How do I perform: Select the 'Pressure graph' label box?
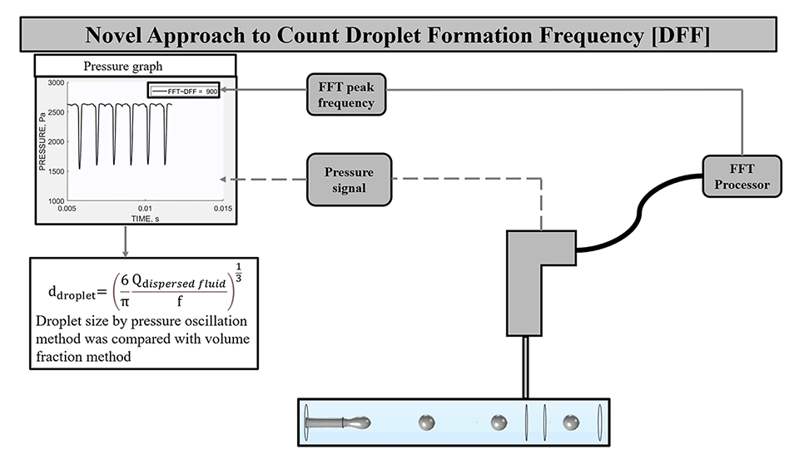[x=135, y=66]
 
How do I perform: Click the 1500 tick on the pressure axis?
[x=55, y=171]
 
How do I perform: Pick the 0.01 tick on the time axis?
[x=145, y=208]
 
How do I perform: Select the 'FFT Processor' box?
[x=741, y=174]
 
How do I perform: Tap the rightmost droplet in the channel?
[x=571, y=422]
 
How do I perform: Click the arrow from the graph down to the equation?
[x=124, y=240]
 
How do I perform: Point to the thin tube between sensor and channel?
[x=526, y=367]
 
